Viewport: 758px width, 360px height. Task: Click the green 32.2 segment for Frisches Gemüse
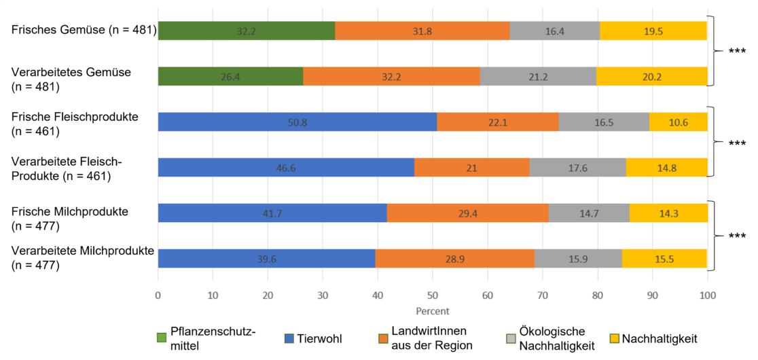[247, 31]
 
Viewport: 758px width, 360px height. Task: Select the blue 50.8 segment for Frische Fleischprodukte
[297, 122]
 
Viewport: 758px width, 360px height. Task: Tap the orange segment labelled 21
[471, 167]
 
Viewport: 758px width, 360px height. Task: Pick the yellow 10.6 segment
[678, 122]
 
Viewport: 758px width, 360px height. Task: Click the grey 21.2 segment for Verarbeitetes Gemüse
[538, 76]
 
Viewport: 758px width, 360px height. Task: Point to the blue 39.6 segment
[266, 259]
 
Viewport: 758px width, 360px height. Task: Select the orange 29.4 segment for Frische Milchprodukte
[467, 213]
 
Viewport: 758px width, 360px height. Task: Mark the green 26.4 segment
[230, 76]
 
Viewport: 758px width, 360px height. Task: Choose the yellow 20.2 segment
[651, 76]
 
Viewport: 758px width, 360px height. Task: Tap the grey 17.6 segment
[577, 167]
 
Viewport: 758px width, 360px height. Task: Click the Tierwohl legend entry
[317, 338]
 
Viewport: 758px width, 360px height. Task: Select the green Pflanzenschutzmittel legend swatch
[161, 338]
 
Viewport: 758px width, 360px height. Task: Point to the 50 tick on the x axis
[433, 295]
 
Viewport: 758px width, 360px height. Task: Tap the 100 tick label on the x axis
[707, 295]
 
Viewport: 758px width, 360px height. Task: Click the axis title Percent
[433, 311]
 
